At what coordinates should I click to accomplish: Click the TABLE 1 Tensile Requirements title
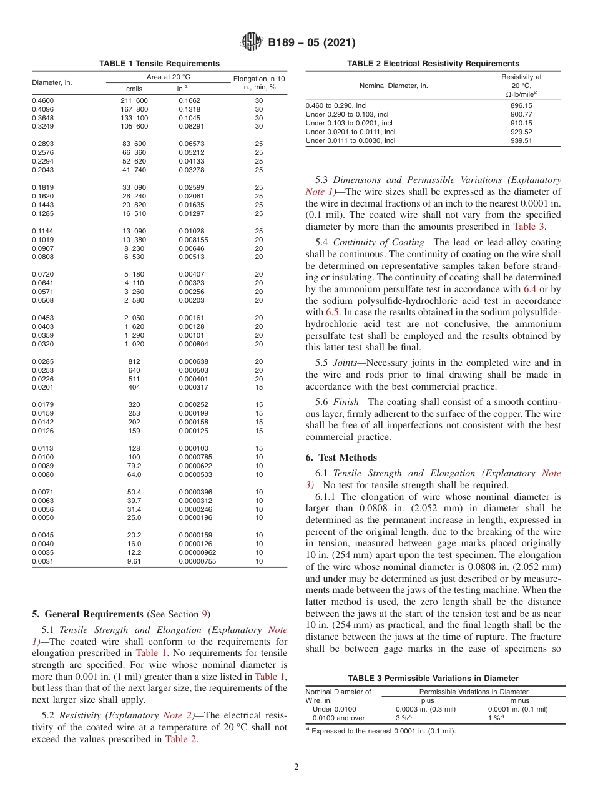pos(159,64)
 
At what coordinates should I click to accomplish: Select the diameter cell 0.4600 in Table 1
pos(42,100)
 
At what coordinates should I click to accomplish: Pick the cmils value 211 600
pos(134,100)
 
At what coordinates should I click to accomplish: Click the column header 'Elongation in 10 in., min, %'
pos(258,82)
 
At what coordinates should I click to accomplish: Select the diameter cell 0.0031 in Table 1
pos(42,561)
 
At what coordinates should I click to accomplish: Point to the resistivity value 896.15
pos(521,106)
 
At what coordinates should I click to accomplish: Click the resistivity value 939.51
pos(521,141)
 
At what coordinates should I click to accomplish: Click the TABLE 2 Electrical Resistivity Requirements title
pos(433,64)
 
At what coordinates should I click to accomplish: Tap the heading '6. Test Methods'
pos(341,458)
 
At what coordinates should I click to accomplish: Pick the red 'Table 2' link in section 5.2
pos(180,740)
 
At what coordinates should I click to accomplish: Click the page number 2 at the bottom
pos(296,767)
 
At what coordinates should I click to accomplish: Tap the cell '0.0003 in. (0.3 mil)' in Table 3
pos(426,709)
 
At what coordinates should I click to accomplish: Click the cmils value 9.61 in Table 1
pos(134,561)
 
